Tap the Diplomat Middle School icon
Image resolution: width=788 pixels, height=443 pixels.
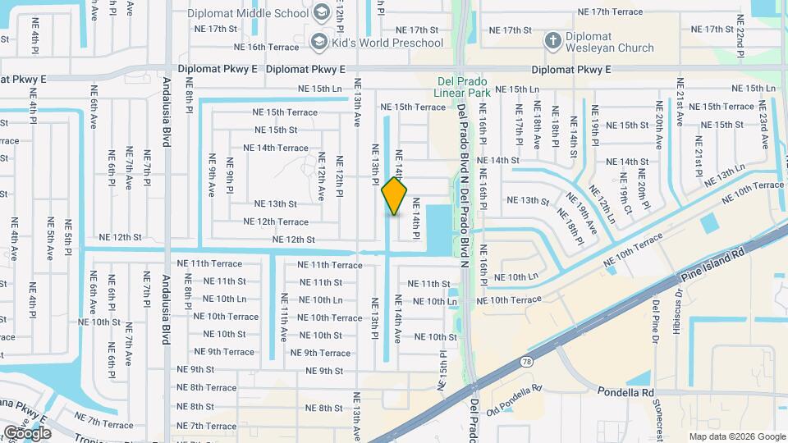320,14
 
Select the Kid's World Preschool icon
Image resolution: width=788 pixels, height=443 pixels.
318,42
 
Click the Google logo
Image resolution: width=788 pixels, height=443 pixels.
27,432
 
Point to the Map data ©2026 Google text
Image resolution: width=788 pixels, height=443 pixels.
736,436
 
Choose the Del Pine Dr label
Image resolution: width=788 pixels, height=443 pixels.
657,317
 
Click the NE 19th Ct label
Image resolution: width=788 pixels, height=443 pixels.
625,195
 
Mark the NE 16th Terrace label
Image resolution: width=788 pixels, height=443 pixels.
272,48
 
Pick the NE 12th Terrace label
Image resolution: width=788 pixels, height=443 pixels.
276,221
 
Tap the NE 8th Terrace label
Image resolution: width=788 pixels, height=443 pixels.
207,387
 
